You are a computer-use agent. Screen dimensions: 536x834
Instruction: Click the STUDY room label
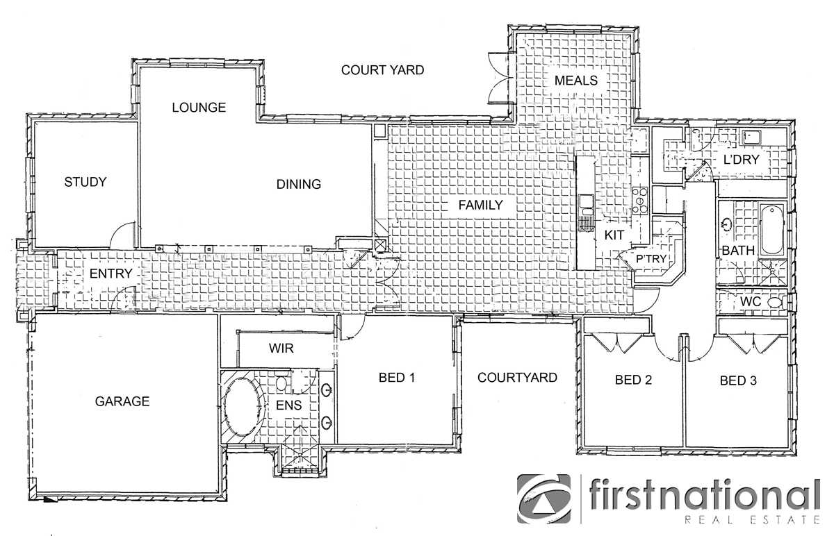pos(85,183)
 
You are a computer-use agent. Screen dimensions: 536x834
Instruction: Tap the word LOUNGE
pos(199,108)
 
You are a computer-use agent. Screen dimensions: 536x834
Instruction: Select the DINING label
pos(299,185)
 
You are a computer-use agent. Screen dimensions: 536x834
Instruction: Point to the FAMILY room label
pos(480,205)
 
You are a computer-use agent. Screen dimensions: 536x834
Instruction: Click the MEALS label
pos(575,81)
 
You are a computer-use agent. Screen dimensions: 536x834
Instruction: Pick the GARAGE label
pos(122,401)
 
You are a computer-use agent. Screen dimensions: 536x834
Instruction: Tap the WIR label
pos(280,348)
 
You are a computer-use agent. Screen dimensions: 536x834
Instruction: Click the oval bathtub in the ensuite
pos(243,408)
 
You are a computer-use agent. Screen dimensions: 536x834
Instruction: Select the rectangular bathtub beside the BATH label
pos(771,230)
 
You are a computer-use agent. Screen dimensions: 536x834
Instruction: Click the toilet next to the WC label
pos(783,303)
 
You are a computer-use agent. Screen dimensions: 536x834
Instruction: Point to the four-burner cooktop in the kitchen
pos(639,199)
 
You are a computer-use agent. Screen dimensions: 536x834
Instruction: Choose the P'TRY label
pos(651,260)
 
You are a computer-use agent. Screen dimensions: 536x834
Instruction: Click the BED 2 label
pos(633,380)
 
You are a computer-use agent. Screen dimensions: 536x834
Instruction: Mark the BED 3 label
pos(738,380)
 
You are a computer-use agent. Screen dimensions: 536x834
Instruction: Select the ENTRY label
pos(111,274)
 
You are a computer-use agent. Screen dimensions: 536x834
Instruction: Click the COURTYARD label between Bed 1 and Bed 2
pos(517,378)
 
